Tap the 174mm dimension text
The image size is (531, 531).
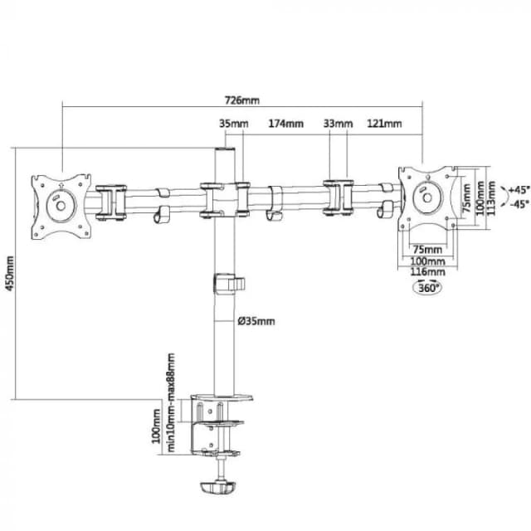[x=285, y=124]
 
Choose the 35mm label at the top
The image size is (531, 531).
[x=233, y=124]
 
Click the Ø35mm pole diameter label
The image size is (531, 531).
[x=255, y=321]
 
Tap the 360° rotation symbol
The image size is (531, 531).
[x=427, y=288]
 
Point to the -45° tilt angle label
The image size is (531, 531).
[x=519, y=203]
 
